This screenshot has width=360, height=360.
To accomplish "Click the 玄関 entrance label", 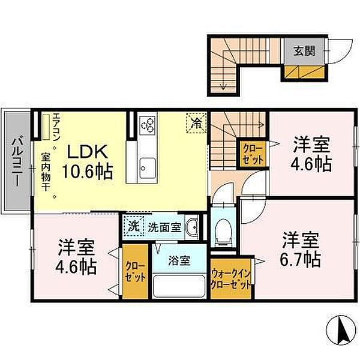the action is pyautogui.click(x=304, y=51).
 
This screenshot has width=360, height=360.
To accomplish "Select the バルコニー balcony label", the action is pyautogui.click(x=17, y=161).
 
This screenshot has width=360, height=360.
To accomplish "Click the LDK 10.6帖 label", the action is pyautogui.click(x=88, y=161).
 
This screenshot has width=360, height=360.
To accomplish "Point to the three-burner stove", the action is pyautogui.click(x=148, y=125).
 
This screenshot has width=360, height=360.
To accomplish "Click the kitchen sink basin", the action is pyautogui.click(x=148, y=167).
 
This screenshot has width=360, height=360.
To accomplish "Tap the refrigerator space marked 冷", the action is pyautogui.click(x=197, y=123).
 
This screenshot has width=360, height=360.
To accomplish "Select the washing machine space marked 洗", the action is pyautogui.click(x=133, y=226).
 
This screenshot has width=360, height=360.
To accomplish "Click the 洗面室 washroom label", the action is pyautogui.click(x=164, y=227).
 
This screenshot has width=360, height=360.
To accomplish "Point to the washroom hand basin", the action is pyautogui.click(x=192, y=228).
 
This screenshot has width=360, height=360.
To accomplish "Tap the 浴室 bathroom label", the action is pyautogui.click(x=179, y=260).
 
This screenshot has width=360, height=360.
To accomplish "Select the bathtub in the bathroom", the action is pyautogui.click(x=179, y=286).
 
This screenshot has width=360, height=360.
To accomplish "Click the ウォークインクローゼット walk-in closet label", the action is pyautogui.click(x=231, y=279).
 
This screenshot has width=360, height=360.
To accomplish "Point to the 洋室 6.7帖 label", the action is pyautogui.click(x=301, y=250).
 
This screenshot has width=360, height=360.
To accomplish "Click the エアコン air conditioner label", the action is pyautogui.click(x=56, y=126).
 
